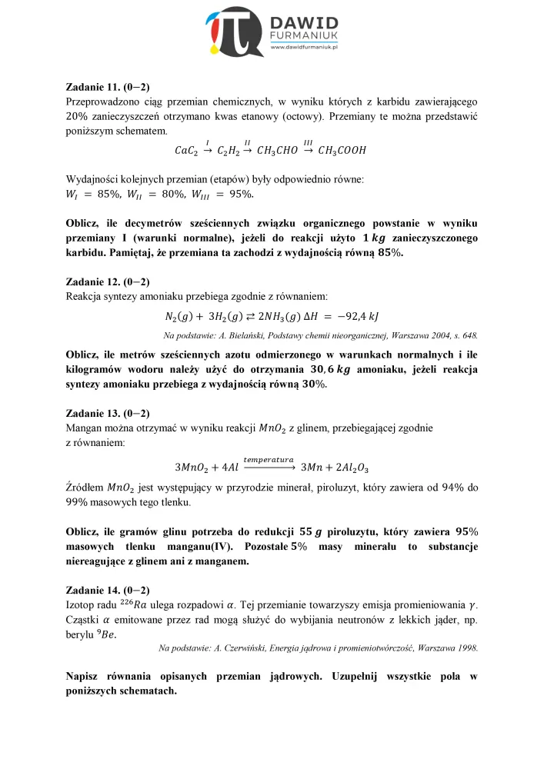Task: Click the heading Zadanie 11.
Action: [x=94, y=88]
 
